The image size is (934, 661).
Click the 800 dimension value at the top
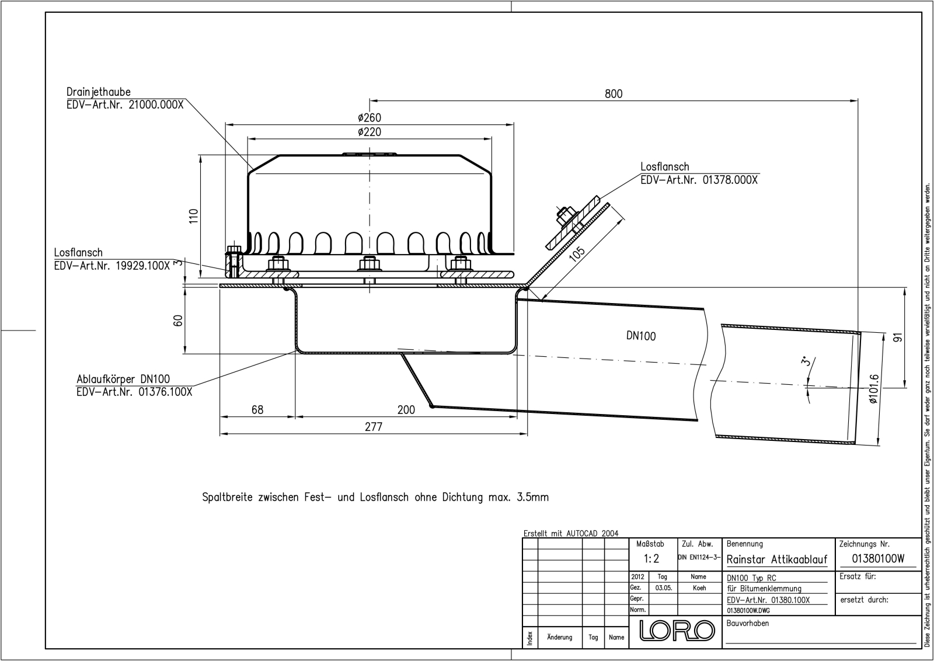tap(614, 94)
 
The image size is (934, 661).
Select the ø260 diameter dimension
tap(370, 117)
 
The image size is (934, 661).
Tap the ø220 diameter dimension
tap(370, 132)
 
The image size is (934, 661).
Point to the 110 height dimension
tap(194, 217)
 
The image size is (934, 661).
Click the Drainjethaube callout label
tap(99, 92)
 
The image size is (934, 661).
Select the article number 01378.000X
tap(730, 180)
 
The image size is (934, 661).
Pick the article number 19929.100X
tap(142, 266)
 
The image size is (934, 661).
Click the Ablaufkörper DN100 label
tap(123, 379)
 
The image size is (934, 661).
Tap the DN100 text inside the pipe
tap(641, 336)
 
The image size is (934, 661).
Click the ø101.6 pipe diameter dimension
tap(874, 389)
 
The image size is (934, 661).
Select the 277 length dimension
tap(374, 427)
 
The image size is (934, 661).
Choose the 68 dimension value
tap(257, 409)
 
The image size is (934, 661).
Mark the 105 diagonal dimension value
tap(577, 255)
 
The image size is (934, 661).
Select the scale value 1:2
tap(651, 558)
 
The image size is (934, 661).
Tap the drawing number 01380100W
tap(878, 558)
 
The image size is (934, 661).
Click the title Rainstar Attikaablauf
tap(777, 559)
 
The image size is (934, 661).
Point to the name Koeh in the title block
tap(699, 588)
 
